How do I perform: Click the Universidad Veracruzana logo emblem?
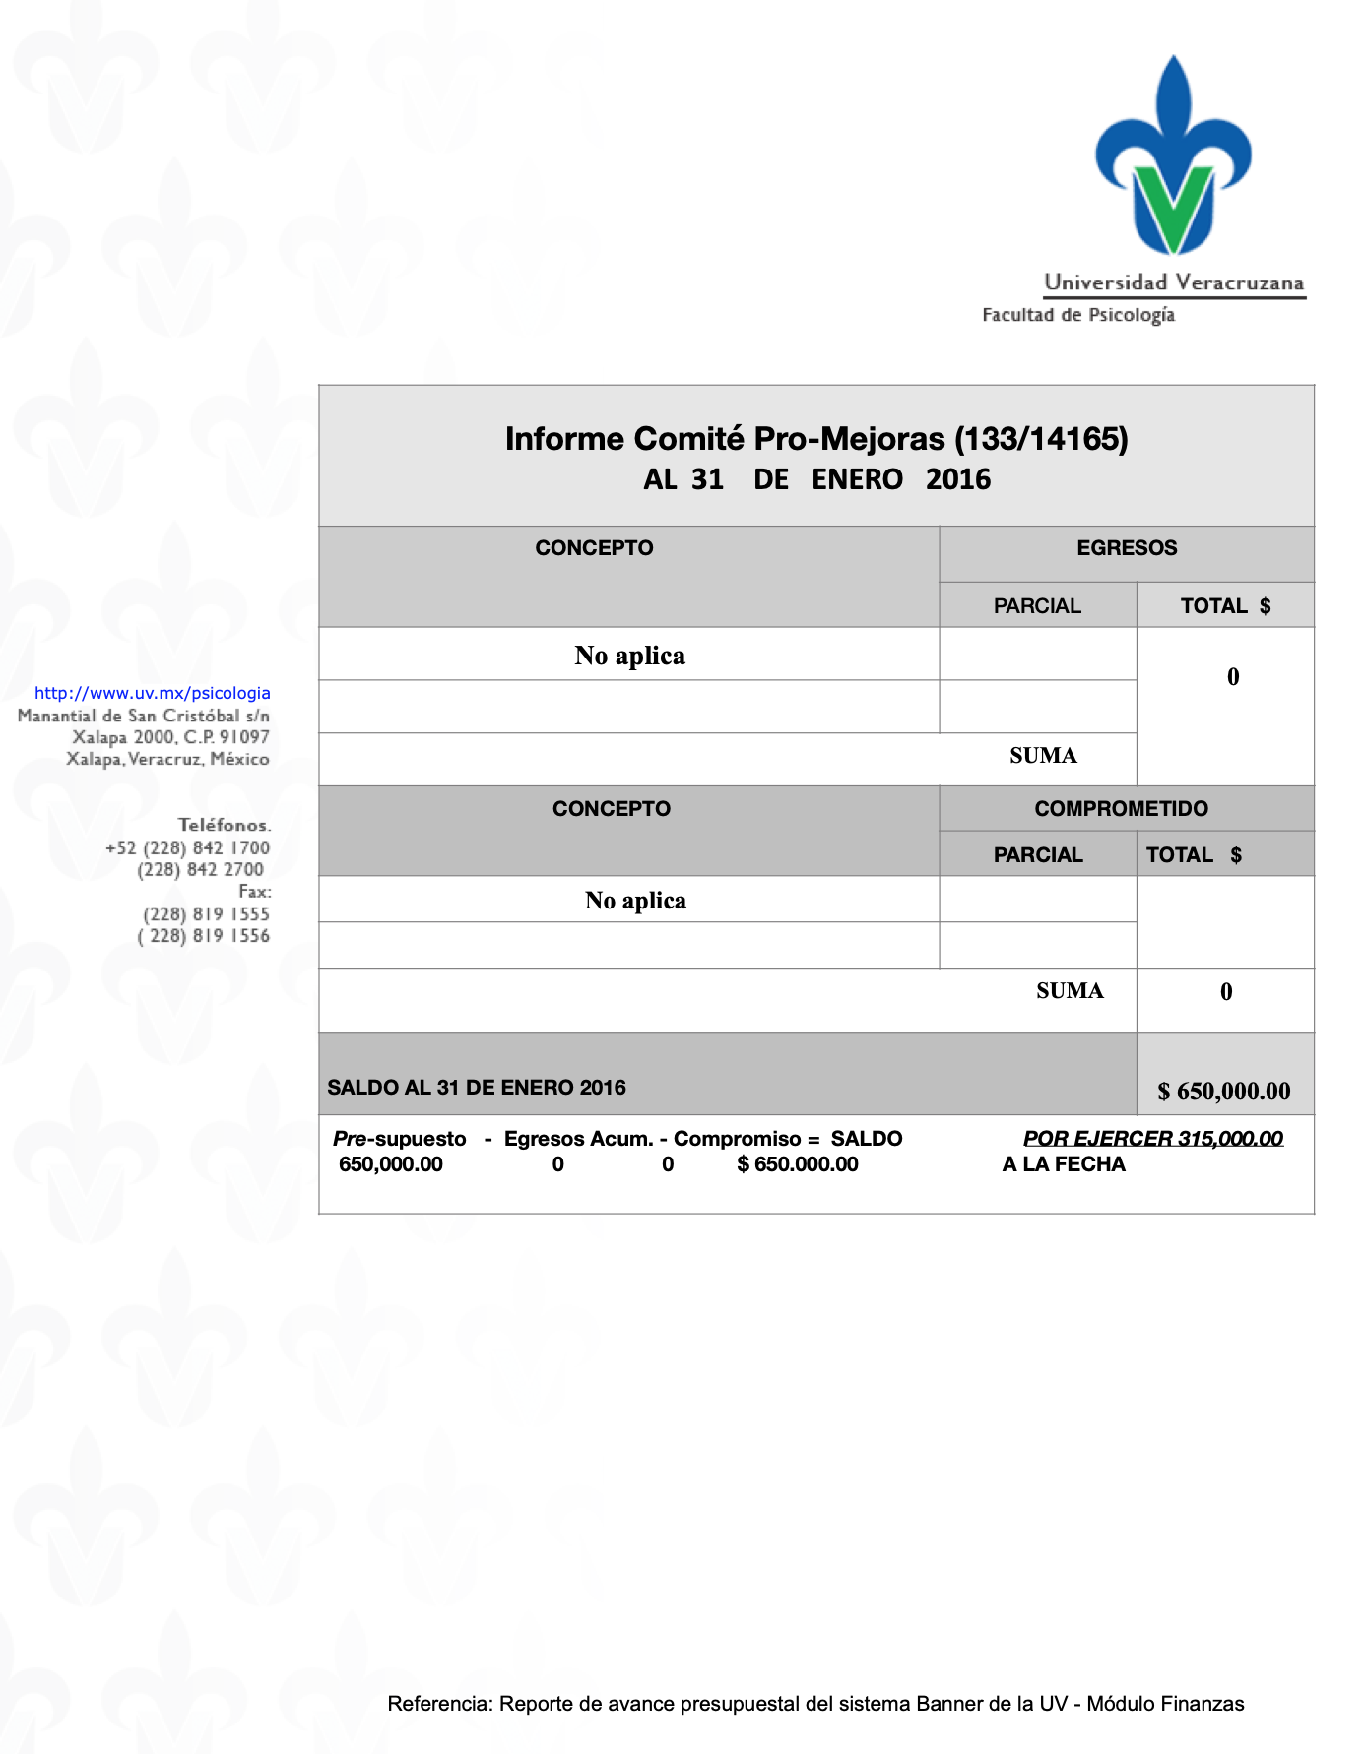coord(1173,157)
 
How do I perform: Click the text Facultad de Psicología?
coord(1078,315)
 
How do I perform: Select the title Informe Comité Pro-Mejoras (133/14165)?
coord(816,439)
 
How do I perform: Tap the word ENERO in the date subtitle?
coord(857,479)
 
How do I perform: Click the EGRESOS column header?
coord(1127,548)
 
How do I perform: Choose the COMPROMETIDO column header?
coord(1121,809)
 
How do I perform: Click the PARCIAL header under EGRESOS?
coord(1037,606)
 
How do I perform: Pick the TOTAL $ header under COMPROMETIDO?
coord(1194,855)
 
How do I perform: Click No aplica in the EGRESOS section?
coord(629,656)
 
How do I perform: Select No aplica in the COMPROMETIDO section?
coord(635,901)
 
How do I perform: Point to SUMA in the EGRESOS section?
coord(1043,756)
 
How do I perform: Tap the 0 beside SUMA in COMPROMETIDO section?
coord(1226,992)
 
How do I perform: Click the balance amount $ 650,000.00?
coord(1224,1091)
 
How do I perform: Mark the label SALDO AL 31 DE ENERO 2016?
coord(477,1088)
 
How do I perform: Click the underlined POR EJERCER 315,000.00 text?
coord(1153,1139)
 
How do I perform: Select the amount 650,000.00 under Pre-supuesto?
coord(391,1164)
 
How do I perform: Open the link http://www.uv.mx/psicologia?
coord(153,693)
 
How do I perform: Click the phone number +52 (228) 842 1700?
coord(187,847)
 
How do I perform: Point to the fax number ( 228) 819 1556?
coord(203,936)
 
